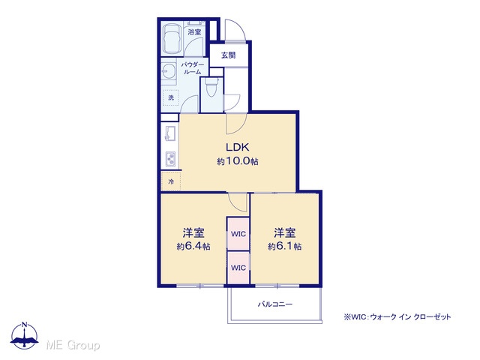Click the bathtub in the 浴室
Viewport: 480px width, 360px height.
[172, 38]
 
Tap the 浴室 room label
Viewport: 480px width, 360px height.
[194, 31]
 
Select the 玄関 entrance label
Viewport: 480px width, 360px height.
[228, 55]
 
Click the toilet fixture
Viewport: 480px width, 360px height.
[211, 87]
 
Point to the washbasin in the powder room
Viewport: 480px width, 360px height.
[168, 73]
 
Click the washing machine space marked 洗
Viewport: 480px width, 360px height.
[170, 97]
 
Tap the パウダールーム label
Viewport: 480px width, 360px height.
[193, 68]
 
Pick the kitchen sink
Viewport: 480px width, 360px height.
[170, 133]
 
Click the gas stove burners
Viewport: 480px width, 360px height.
[170, 159]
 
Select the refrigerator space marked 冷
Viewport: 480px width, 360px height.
[171, 181]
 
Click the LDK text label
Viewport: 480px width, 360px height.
[238, 147]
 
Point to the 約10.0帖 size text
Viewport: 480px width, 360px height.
[238, 161]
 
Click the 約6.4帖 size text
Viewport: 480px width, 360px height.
[193, 246]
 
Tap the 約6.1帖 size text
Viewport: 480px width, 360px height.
[285, 246]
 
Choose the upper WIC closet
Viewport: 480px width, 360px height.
[238, 233]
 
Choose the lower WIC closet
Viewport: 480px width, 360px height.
[238, 268]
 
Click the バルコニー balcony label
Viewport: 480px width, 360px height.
[275, 304]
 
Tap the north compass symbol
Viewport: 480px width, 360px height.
[25, 335]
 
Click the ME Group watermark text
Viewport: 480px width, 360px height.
[73, 345]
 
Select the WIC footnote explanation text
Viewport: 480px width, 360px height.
[397, 316]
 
